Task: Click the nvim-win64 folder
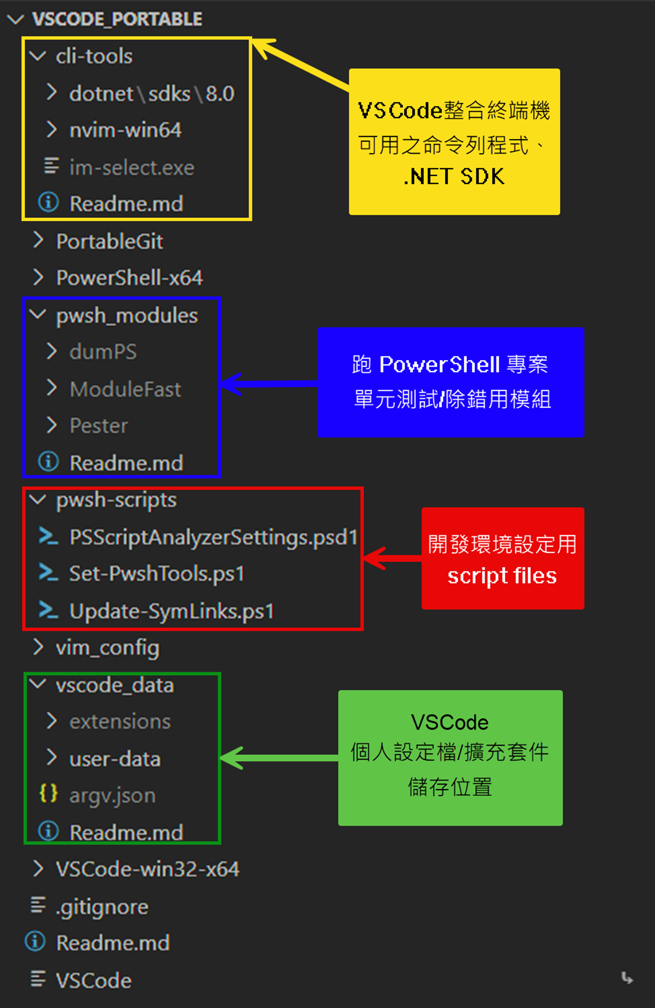click(125, 130)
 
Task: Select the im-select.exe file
click(132, 168)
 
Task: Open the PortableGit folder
click(109, 241)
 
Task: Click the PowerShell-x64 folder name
click(129, 278)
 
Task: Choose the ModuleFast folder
click(125, 389)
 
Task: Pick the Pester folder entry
click(99, 426)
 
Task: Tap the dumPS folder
click(103, 352)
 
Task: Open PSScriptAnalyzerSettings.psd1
click(213, 537)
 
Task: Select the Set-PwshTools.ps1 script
click(156, 574)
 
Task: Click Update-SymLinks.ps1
click(172, 611)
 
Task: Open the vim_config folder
click(108, 648)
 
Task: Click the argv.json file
click(112, 795)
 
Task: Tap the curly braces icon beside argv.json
click(48, 793)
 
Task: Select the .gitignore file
click(102, 907)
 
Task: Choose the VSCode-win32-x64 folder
click(147, 869)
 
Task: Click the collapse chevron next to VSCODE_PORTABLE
click(16, 20)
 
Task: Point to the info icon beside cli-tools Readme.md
click(48, 203)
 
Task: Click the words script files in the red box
click(502, 576)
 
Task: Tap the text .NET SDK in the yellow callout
click(454, 177)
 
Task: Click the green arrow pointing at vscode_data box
click(280, 758)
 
